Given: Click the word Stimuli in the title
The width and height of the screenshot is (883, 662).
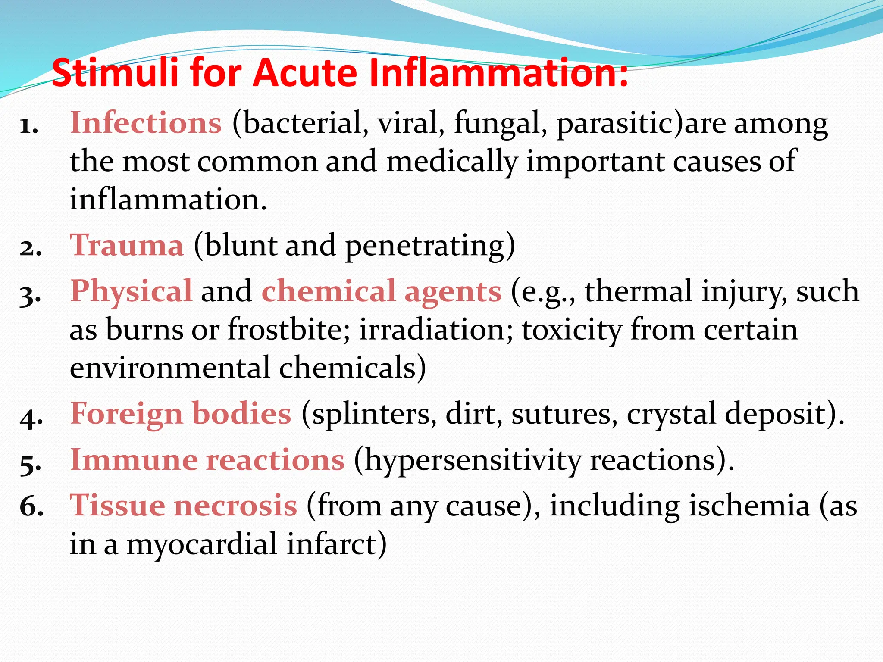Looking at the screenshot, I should (x=115, y=72).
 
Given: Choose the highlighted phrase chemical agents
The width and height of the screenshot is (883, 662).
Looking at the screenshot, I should (x=382, y=291).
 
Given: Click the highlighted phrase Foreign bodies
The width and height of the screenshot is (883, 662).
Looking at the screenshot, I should (x=181, y=413).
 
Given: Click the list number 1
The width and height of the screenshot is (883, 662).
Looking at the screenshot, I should (x=29, y=126).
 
